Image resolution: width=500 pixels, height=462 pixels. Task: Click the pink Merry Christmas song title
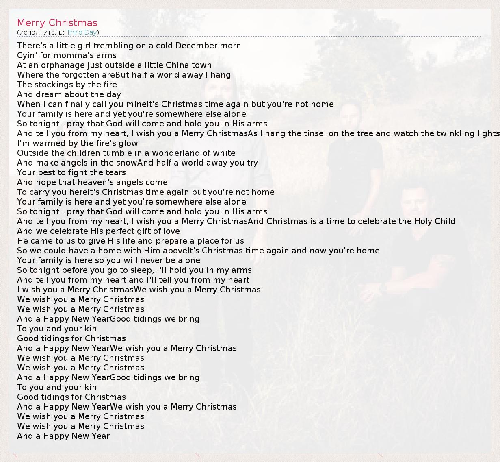pyautogui.click(x=57, y=23)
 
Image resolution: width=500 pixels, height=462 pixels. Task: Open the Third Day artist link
pyautogui.click(x=82, y=32)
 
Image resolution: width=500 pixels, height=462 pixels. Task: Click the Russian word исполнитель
pyautogui.click(x=41, y=32)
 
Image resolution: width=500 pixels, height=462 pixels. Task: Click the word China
pyautogui.click(x=177, y=65)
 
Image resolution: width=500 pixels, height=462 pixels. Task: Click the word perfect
pyautogui.click(x=122, y=231)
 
